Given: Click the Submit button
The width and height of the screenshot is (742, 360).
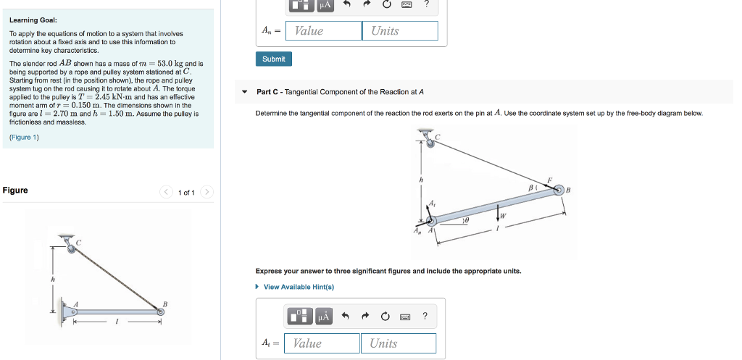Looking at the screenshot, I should click(273, 59).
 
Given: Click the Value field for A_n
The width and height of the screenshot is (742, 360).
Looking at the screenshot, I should click(323, 31).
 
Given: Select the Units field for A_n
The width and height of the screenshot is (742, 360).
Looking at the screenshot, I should click(400, 31).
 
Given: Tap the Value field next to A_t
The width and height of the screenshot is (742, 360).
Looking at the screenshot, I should click(322, 343).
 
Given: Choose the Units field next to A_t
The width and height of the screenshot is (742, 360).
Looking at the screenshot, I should click(399, 343).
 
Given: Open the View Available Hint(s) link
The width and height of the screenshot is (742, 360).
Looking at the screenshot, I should click(298, 287).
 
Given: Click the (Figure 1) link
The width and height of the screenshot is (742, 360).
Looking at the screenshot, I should click(24, 137).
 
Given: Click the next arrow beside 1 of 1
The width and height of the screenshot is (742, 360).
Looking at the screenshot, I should click(207, 192).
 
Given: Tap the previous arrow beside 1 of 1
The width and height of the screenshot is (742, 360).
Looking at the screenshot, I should click(167, 192).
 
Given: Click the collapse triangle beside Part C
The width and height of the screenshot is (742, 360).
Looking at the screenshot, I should click(245, 92).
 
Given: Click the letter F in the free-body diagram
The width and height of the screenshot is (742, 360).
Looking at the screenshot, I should click(549, 180).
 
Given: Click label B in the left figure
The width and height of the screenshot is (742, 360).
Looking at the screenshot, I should click(165, 304).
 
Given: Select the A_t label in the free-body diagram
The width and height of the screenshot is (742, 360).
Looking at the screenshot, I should click(433, 205).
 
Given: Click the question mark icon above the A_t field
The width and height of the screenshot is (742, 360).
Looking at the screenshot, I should click(425, 316).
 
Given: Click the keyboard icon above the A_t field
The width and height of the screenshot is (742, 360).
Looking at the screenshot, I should click(405, 316).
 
